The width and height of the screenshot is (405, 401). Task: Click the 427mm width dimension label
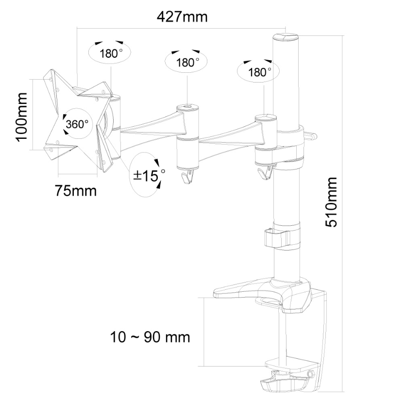[x=182, y=17]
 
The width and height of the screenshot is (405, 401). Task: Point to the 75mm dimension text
[x=75, y=190]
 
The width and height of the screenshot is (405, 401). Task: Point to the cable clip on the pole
[x=276, y=238]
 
